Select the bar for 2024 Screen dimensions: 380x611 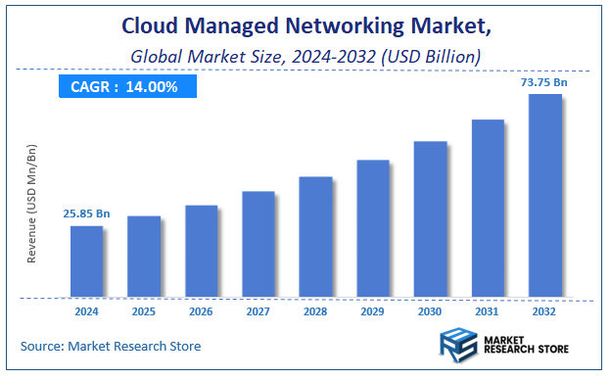pos(86,261)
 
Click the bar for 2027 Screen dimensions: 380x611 pos(258,244)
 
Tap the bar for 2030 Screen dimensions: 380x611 pos(430,219)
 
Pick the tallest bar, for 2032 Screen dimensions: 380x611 pos(544,196)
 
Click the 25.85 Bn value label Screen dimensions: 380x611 pos(86,213)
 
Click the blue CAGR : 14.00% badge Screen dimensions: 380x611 pos(124,87)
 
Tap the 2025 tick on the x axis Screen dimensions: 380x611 pos(144,311)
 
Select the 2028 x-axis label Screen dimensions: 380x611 pos(315,311)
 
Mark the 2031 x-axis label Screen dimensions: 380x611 pos(488,311)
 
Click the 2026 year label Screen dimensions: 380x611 pos(201,311)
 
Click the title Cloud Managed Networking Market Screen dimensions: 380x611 pos(305,24)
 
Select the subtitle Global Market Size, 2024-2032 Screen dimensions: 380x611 pos(305,56)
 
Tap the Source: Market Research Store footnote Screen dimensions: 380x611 pos(111,346)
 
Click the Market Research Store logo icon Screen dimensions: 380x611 pos(455,346)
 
